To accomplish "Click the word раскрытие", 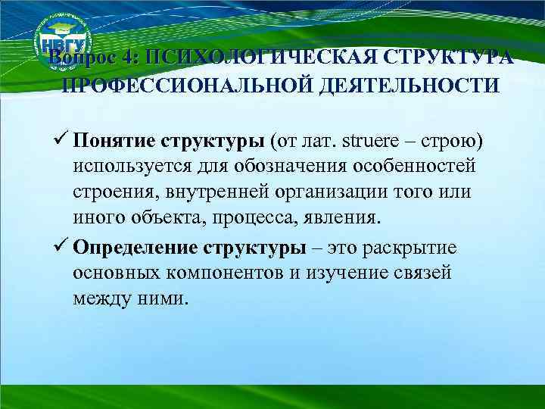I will pyautogui.click(x=416, y=248).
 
